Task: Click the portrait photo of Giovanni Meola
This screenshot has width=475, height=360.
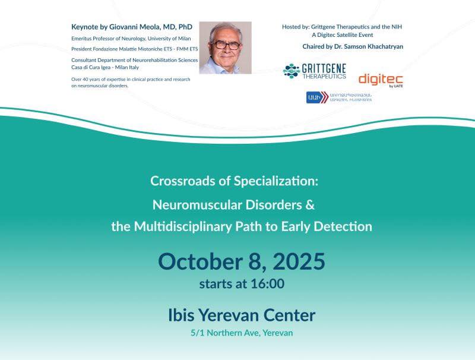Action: pos(225,48)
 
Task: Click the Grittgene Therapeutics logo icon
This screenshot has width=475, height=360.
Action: pos(291,71)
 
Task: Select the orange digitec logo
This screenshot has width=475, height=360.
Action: pos(381,79)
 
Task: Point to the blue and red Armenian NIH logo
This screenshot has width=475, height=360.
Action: pos(316,97)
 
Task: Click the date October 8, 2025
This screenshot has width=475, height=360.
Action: pos(242,261)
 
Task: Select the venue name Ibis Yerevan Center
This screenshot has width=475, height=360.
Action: pos(242,315)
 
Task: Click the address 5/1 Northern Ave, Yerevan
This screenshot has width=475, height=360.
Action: pos(242,333)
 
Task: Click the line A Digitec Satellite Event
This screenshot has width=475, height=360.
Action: pos(346,35)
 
